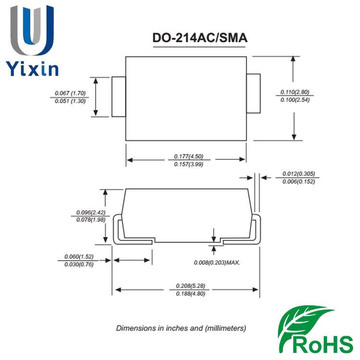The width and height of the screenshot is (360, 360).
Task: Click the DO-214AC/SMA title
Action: (200, 39)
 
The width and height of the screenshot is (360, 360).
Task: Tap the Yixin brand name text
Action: (33, 68)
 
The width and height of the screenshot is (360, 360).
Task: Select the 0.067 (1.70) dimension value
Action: (70, 93)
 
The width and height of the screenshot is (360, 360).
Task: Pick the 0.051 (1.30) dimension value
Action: (70, 101)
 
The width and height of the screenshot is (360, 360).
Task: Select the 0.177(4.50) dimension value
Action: (186, 156)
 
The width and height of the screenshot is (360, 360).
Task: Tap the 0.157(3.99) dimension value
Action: (186, 165)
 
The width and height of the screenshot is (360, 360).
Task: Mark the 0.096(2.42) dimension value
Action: (91, 212)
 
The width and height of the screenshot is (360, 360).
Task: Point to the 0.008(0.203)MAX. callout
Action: (216, 263)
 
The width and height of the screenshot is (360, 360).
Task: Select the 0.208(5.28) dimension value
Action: (187, 285)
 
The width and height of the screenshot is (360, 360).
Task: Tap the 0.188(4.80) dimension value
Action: (187, 293)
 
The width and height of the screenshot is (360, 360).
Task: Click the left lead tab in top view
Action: (119, 96)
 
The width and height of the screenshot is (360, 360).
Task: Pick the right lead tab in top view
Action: (253, 93)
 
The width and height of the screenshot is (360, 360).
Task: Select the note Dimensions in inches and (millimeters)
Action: (181, 329)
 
